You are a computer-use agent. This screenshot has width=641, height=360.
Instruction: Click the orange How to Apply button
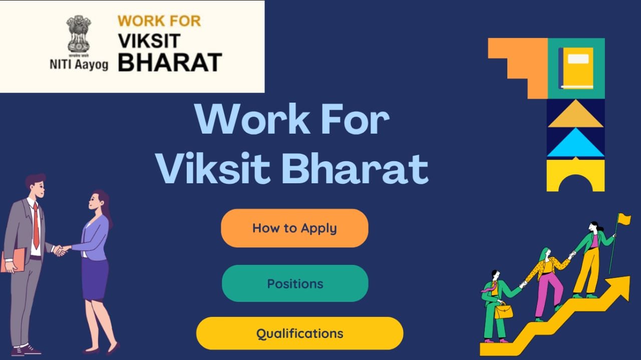294,228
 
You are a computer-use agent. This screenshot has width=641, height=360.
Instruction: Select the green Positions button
295,283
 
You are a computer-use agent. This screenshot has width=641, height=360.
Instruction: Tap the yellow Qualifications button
299,333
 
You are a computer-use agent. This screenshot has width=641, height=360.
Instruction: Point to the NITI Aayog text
79,64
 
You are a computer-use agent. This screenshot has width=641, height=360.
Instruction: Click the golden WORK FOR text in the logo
159,21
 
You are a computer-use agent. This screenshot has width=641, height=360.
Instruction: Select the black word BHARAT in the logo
170,62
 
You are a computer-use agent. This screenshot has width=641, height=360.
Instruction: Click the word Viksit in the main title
213,168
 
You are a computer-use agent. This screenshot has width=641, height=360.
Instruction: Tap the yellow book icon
576,68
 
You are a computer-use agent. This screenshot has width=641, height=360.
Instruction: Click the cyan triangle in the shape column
575,143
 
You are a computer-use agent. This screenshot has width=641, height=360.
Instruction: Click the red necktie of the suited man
36,226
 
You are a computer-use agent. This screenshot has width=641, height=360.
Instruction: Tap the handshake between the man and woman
61,250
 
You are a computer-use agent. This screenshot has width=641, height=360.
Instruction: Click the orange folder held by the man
13,260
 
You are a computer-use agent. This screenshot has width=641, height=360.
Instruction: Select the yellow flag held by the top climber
624,219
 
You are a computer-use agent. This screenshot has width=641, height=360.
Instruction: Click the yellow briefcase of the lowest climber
504,311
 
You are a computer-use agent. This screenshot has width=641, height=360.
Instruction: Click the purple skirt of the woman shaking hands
95,279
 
